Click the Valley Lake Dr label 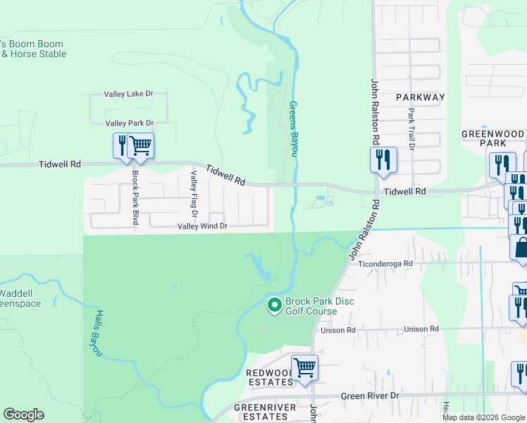[128, 94]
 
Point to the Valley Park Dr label [129, 123]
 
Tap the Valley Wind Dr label [202, 226]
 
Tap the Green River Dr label [370, 396]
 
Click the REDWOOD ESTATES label [268, 377]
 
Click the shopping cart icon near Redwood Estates [304, 367]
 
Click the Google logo [23, 415]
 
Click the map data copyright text [484, 417]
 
